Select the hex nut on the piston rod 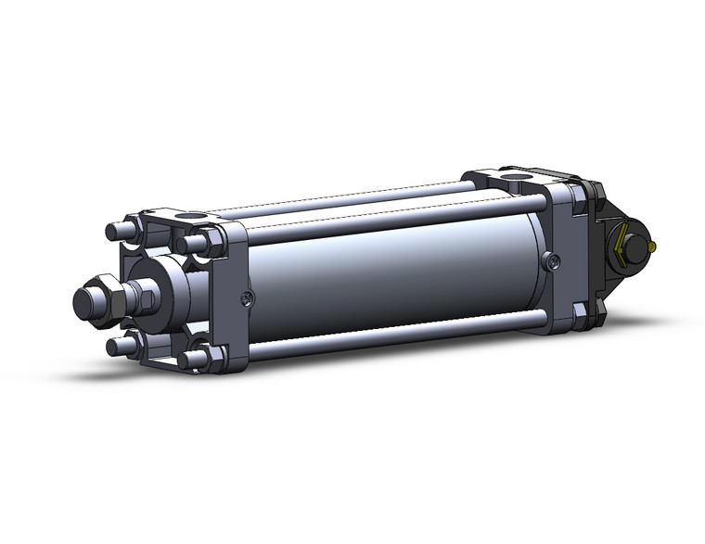tap(109, 296)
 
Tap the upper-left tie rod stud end tap(116, 230)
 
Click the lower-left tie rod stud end tap(117, 346)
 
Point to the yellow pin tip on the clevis tap(654, 247)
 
